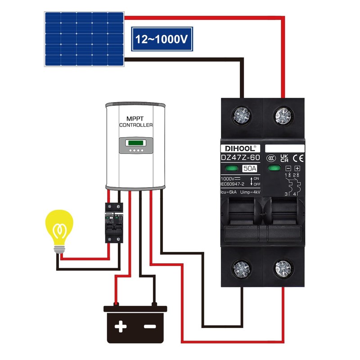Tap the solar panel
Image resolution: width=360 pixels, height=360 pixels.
click(x=84, y=39)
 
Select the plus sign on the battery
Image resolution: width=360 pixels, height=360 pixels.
click(x=121, y=326)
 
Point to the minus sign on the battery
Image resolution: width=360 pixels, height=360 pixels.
click(x=150, y=326)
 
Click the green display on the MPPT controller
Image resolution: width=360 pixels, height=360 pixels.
click(x=135, y=144)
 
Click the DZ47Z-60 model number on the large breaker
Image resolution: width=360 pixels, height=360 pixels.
click(x=240, y=157)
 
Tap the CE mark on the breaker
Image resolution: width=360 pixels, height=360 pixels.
click(x=298, y=158)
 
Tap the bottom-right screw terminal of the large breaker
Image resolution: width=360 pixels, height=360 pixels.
click(x=283, y=269)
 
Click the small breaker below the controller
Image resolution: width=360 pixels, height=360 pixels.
click(x=114, y=222)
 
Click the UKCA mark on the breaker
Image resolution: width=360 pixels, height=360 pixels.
click(x=284, y=158)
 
